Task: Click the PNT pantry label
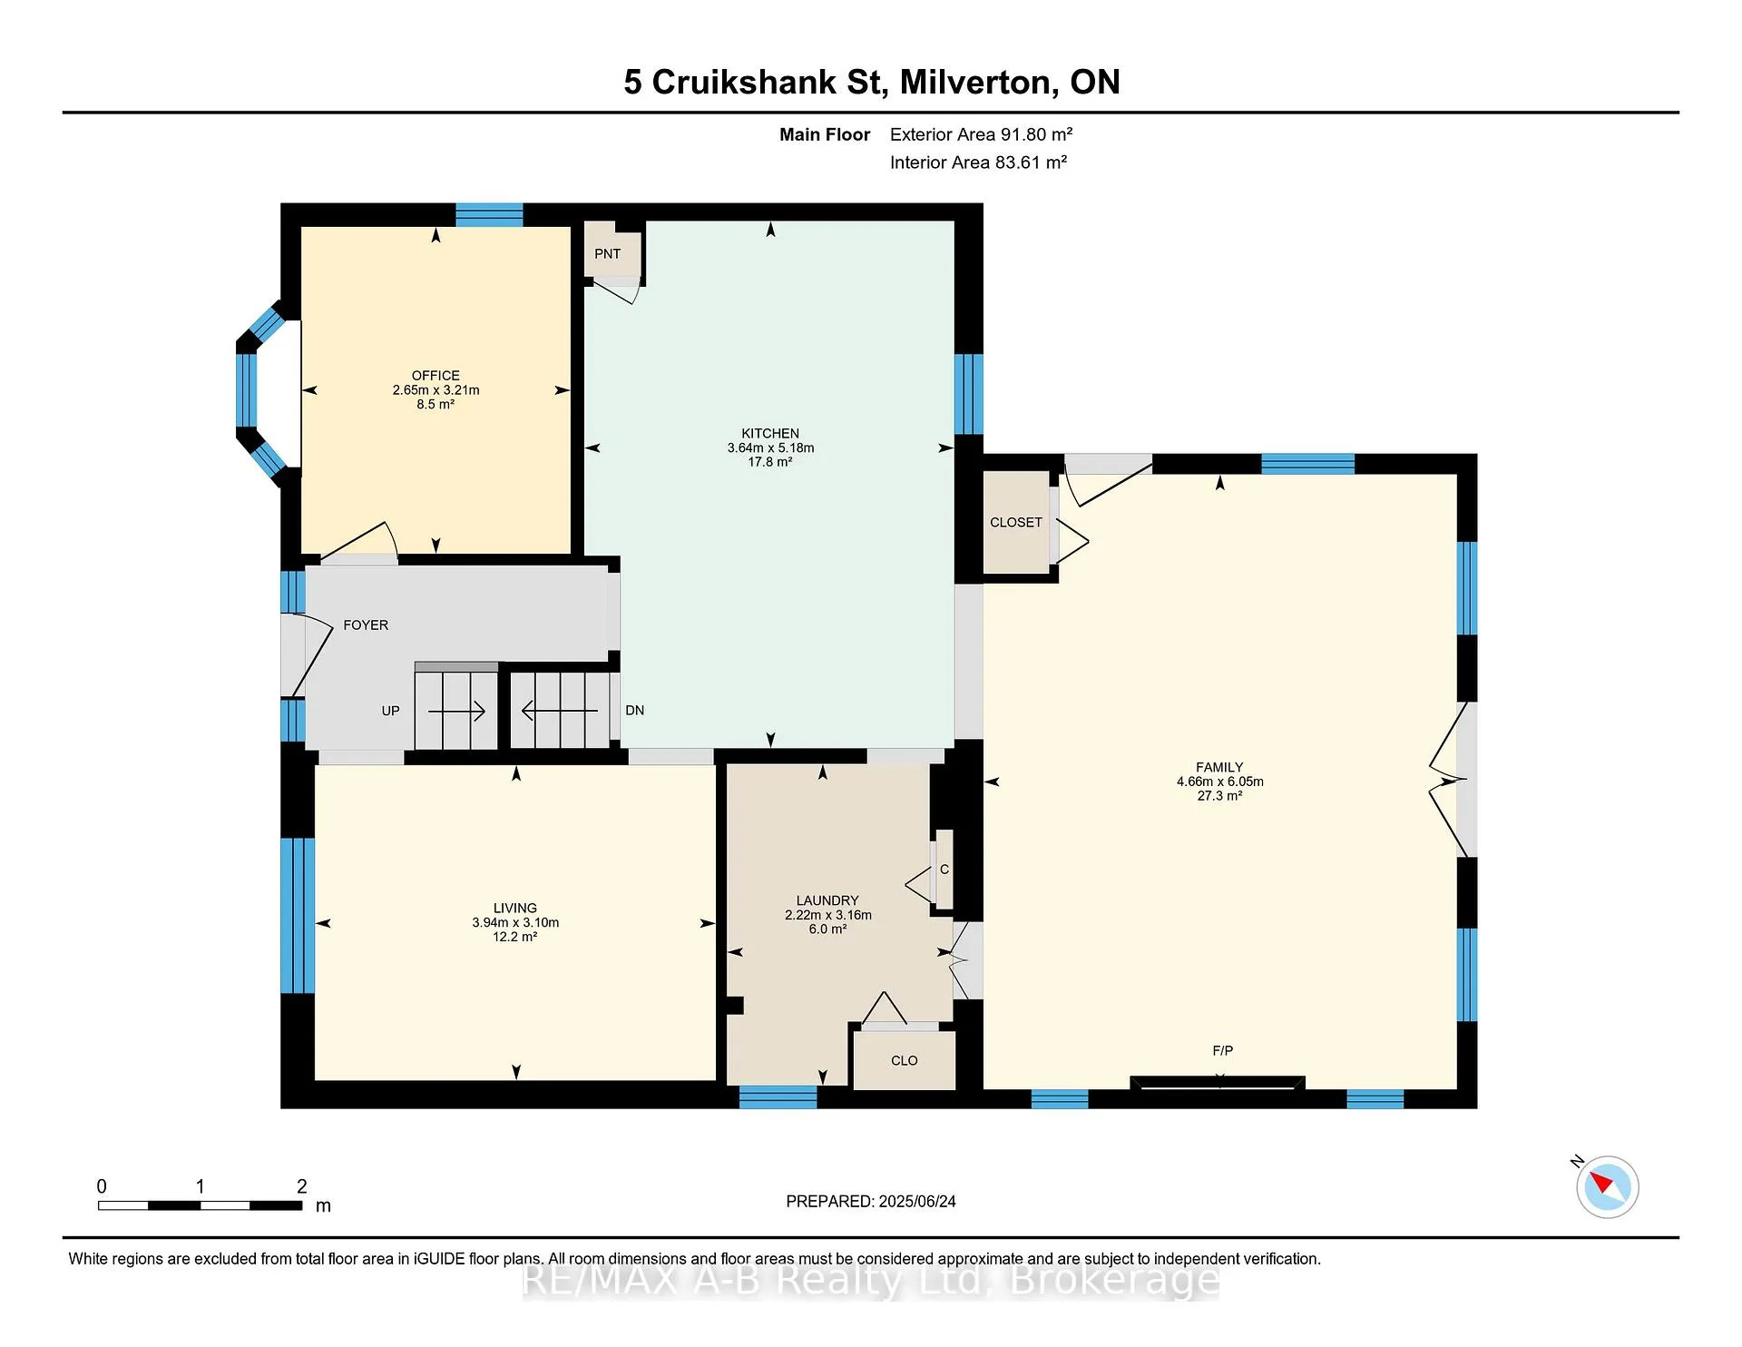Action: click(607, 254)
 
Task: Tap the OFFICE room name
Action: click(435, 376)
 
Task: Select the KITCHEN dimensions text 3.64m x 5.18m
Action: click(770, 448)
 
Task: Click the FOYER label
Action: click(366, 625)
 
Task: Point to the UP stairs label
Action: click(390, 711)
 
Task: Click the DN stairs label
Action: click(635, 711)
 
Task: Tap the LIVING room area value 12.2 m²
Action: click(515, 937)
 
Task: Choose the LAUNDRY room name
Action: click(827, 901)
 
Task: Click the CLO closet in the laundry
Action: click(905, 1061)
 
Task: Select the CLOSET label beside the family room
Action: click(1016, 523)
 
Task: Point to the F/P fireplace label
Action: click(1223, 1051)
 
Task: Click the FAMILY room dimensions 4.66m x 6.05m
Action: click(1220, 782)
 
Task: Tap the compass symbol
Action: click(1608, 1186)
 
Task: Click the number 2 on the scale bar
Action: click(302, 1186)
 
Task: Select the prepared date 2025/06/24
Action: click(917, 1202)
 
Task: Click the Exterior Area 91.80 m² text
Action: click(981, 134)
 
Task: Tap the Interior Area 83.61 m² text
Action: click(978, 162)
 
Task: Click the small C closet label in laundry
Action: click(944, 870)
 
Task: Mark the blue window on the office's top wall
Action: click(489, 215)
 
